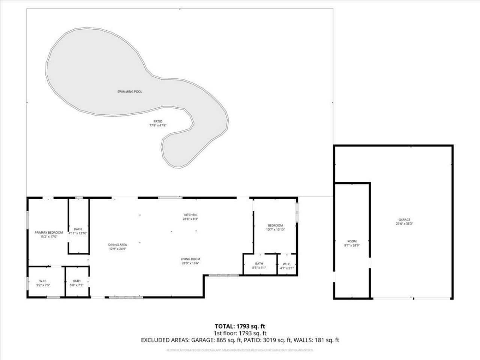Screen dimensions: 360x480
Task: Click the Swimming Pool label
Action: tap(130, 91)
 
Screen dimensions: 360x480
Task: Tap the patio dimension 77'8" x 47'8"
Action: tap(157, 126)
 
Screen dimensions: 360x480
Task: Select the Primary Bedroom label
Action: tap(49, 232)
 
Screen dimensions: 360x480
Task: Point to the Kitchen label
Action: tap(190, 215)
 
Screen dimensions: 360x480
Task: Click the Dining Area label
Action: tap(118, 245)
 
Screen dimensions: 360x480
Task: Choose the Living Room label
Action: tap(190, 259)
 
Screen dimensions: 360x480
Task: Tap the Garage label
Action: tap(404, 220)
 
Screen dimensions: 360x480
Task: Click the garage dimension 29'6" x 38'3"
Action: tap(404, 223)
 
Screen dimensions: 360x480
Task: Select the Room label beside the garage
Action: tap(352, 241)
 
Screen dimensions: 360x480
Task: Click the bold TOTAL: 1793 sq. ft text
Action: tap(240, 326)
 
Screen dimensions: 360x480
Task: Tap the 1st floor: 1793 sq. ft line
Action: tap(240, 333)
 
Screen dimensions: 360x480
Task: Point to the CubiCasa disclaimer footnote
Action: tap(240, 350)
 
